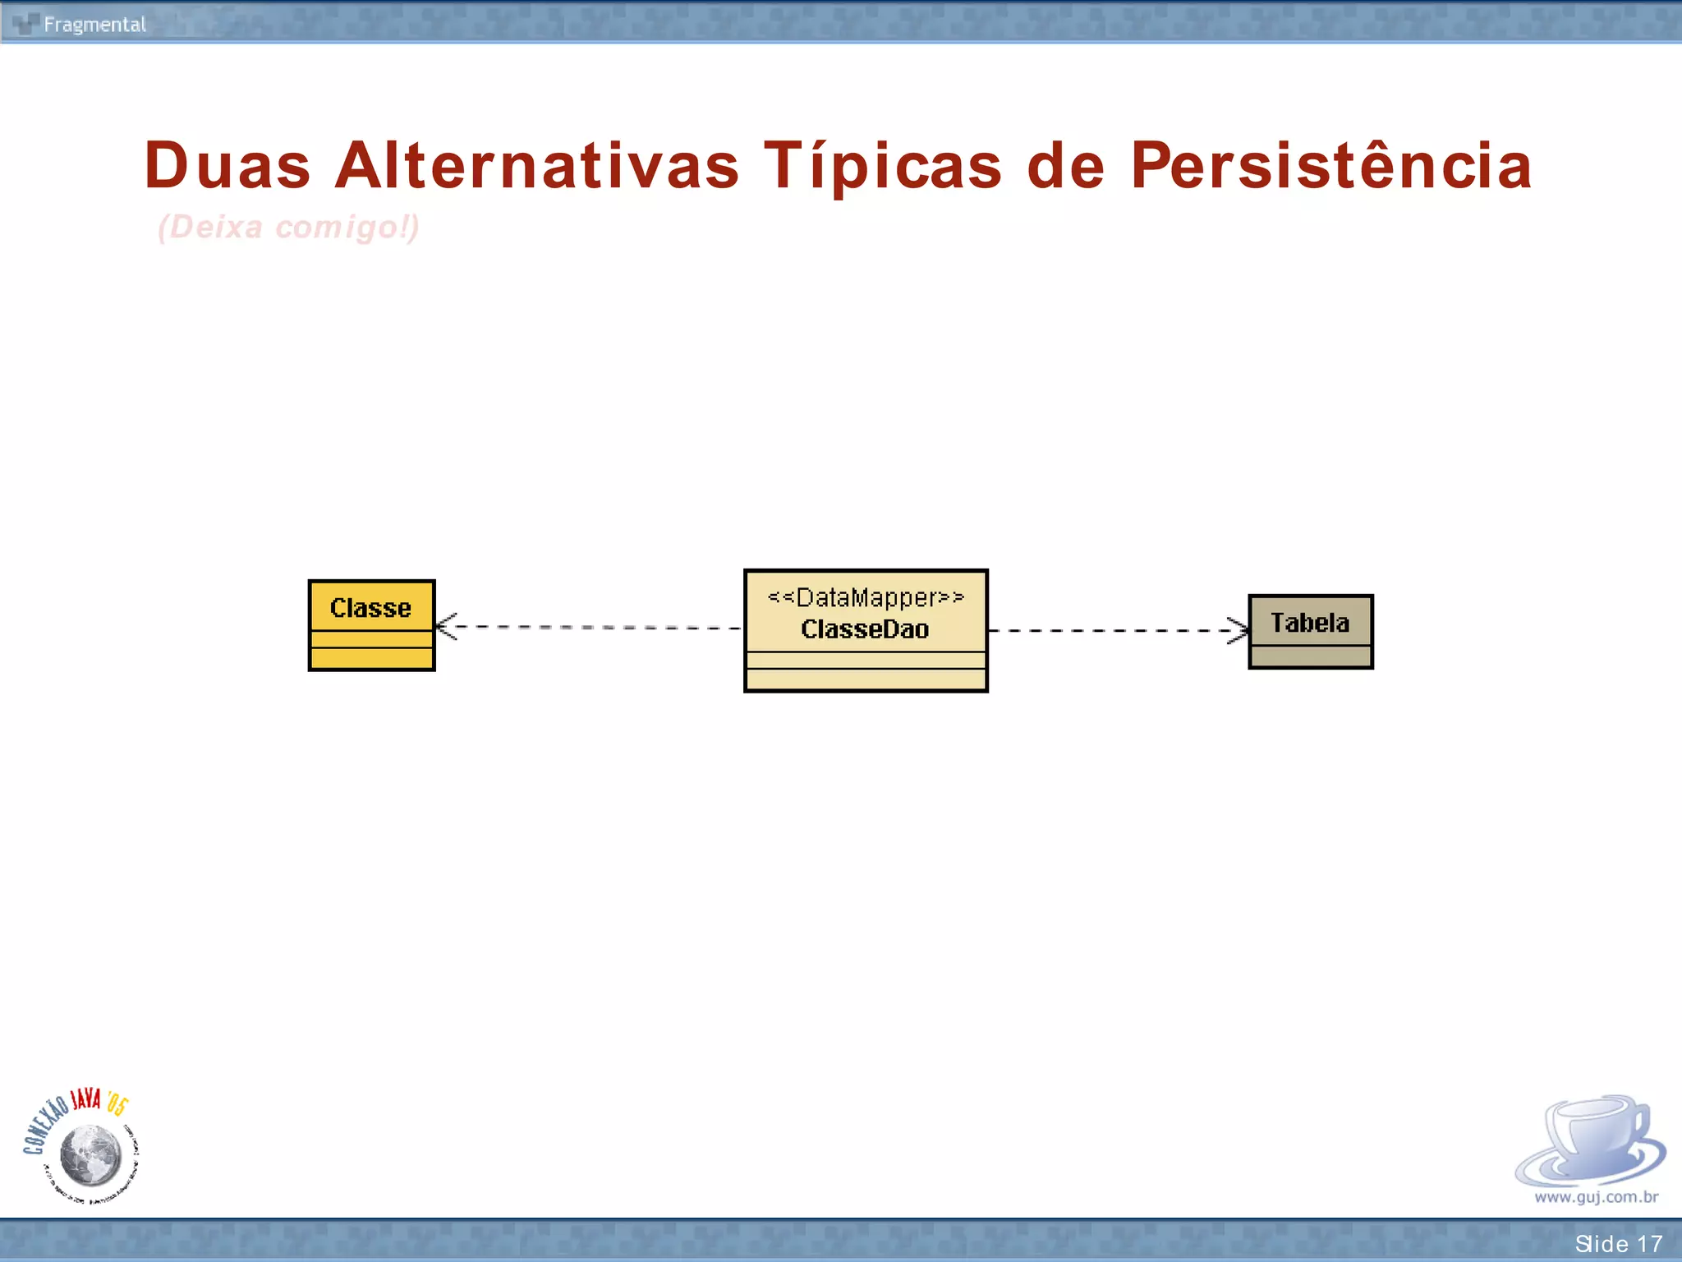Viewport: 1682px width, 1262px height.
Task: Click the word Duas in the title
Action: (x=227, y=165)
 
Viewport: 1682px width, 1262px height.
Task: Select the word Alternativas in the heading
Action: (x=537, y=165)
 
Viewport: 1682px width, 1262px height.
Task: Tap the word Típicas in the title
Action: (x=883, y=167)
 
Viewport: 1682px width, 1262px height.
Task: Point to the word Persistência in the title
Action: (x=1330, y=165)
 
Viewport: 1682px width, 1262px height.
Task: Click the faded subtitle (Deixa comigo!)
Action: (x=288, y=227)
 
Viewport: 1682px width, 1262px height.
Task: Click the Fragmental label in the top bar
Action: (x=94, y=25)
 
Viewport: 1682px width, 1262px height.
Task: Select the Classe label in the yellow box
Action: (x=370, y=608)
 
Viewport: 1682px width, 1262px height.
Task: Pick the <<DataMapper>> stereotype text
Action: (x=866, y=597)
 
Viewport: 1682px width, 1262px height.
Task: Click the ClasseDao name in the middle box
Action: (x=865, y=629)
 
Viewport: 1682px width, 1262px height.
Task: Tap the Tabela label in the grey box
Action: (x=1310, y=623)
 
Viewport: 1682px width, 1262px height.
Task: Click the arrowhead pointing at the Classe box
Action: (x=444, y=626)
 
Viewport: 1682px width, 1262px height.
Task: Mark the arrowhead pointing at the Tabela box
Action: (x=1239, y=630)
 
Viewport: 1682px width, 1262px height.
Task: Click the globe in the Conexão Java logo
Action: (x=91, y=1154)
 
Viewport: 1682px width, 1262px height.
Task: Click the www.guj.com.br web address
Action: (x=1596, y=1197)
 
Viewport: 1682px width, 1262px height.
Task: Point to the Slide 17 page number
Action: (x=1618, y=1244)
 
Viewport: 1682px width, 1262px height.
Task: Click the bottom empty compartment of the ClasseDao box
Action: (x=866, y=679)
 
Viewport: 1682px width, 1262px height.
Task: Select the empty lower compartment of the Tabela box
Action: (x=1310, y=656)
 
